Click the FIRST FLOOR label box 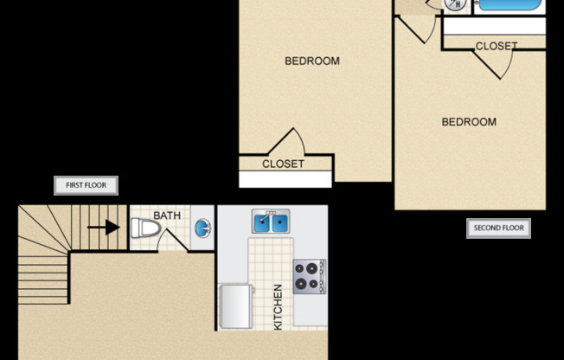tap(86, 185)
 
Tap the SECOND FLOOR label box tap(498, 228)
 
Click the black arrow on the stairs tap(109, 228)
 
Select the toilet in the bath tap(145, 228)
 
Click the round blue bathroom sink tap(202, 228)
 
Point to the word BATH tap(167, 215)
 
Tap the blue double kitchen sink tap(271, 223)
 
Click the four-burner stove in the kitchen tap(307, 276)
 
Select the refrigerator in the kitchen tap(234, 307)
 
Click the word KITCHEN tap(278, 306)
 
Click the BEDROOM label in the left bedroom tap(311, 61)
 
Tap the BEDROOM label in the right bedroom tap(469, 122)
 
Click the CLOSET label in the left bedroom tap(283, 164)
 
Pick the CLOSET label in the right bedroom tap(497, 46)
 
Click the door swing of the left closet tap(289, 143)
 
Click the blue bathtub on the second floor tap(510, 4)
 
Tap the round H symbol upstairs tap(455, 4)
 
